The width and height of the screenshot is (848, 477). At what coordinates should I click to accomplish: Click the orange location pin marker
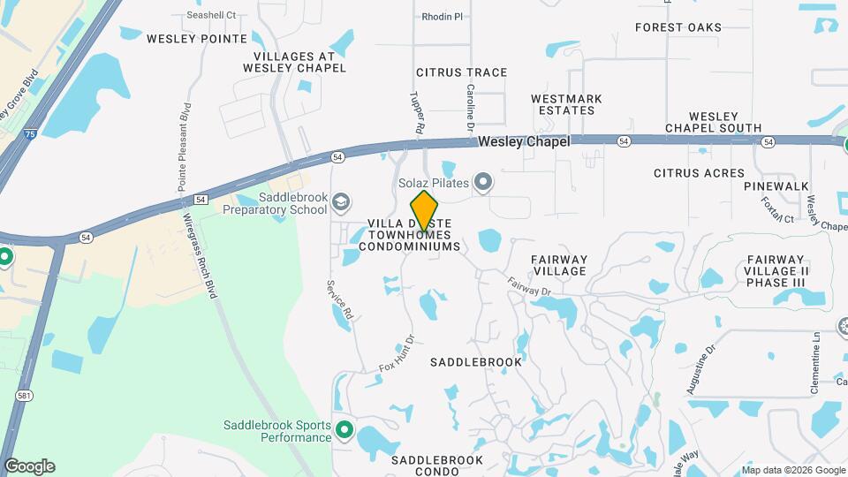point(425,210)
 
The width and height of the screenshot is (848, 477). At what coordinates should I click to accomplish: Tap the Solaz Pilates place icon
point(483,183)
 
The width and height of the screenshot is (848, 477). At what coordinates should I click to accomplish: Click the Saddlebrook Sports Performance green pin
point(343,432)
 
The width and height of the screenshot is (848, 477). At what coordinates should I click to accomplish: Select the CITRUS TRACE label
point(461,72)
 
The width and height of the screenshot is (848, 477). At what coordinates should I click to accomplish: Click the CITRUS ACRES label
point(699,173)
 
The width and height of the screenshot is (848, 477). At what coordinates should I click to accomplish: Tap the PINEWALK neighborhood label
point(776,186)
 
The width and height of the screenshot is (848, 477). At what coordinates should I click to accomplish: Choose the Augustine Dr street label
point(698,371)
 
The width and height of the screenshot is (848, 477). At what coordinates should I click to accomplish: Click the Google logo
point(29,466)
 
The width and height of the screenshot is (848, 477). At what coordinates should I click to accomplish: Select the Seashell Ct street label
point(212,15)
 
